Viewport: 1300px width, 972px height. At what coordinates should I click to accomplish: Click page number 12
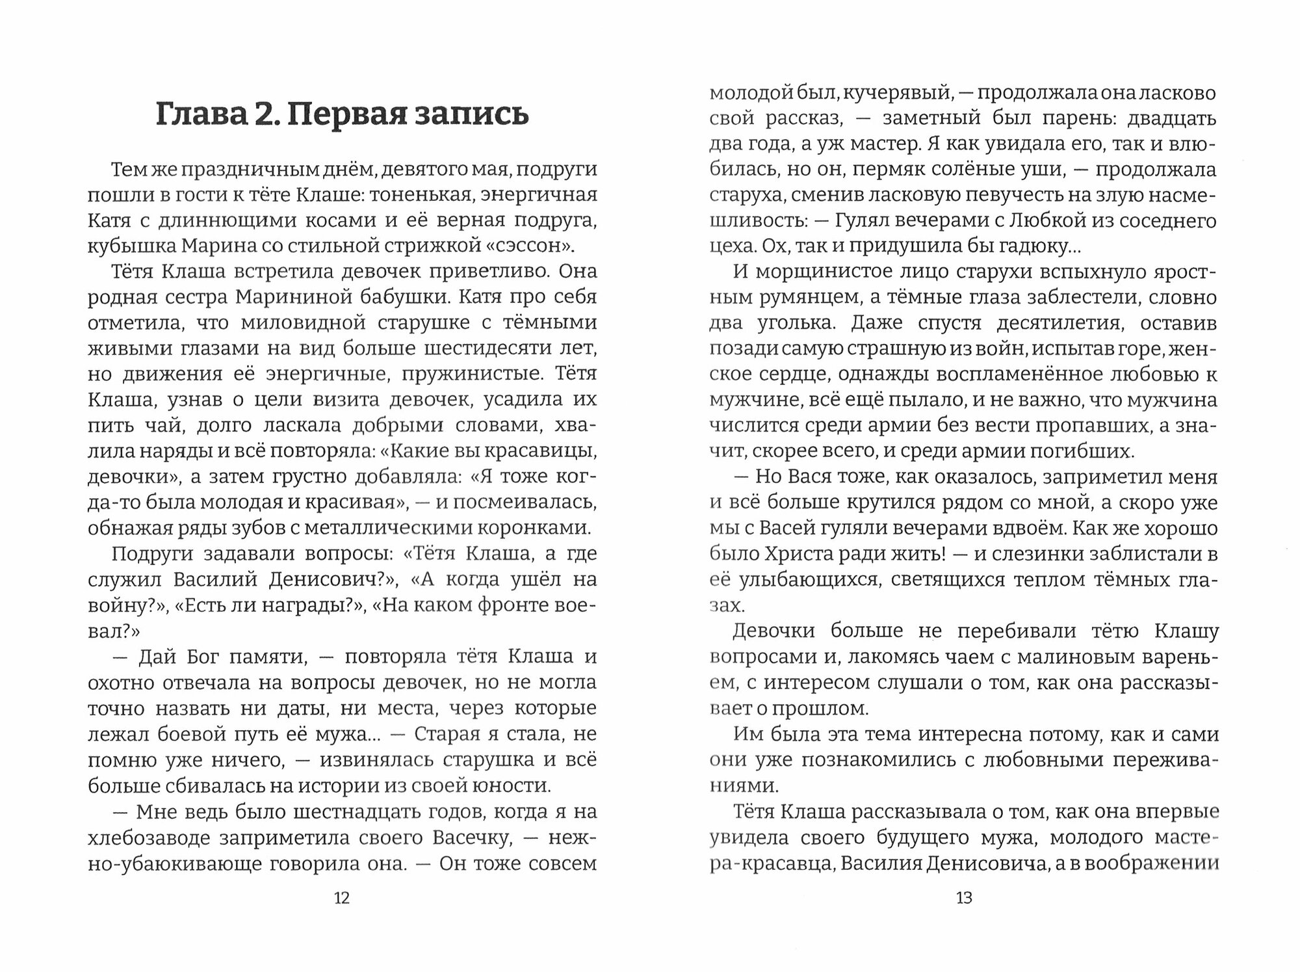point(341,898)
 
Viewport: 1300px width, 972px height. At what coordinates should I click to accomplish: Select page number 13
point(963,898)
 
